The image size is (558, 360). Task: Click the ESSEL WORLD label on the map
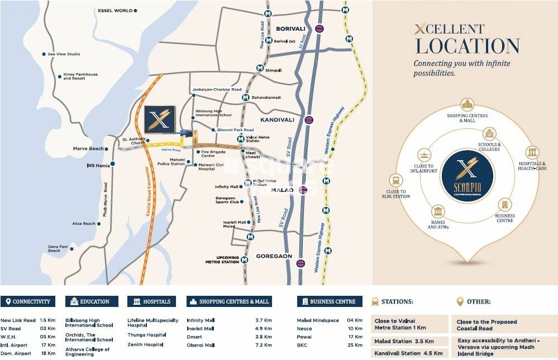(x=115, y=11)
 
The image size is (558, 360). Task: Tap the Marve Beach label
(x=88, y=148)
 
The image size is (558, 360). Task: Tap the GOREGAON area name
(x=274, y=256)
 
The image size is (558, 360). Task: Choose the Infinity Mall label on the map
(x=226, y=187)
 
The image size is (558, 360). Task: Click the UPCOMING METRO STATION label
(x=222, y=260)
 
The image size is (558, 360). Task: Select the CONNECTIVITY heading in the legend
(x=31, y=301)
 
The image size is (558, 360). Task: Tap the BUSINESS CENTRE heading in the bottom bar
(x=332, y=301)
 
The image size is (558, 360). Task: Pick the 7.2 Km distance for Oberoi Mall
(x=263, y=345)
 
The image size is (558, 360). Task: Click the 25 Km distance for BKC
(x=355, y=345)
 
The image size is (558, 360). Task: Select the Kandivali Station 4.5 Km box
(x=409, y=353)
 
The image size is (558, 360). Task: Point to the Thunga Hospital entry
(x=147, y=335)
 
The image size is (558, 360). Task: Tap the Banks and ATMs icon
(x=438, y=212)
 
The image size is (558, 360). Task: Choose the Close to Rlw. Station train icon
(x=397, y=180)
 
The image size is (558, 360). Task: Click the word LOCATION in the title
(x=468, y=46)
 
